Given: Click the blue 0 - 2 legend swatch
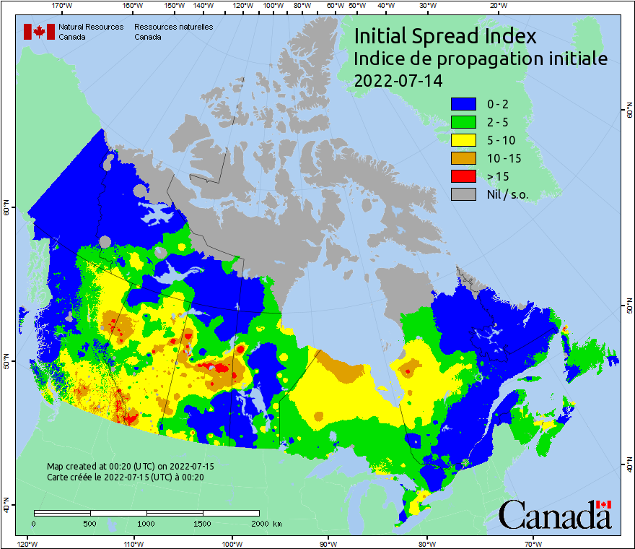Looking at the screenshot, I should pyautogui.click(x=463, y=103).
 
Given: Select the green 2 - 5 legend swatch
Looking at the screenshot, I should pyautogui.click(x=463, y=121).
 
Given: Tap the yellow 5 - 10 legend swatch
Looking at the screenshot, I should pyautogui.click(x=463, y=139).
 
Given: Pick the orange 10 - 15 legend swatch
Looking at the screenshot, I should pyautogui.click(x=463, y=157).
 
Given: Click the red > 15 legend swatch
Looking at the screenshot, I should pyautogui.click(x=463, y=176).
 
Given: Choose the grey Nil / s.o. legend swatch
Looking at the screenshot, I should pyautogui.click(x=463, y=194).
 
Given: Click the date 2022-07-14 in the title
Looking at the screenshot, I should pyautogui.click(x=398, y=79).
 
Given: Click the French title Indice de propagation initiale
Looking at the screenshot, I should pyautogui.click(x=481, y=58).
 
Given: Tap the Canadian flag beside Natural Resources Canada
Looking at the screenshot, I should pyautogui.click(x=39, y=32).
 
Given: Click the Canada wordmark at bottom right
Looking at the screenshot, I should pyautogui.click(x=555, y=514).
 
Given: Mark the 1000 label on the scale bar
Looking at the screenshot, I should pyautogui.click(x=146, y=523).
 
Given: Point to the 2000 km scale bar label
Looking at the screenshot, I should pyautogui.click(x=265, y=523).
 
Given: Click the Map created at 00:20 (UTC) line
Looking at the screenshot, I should pyautogui.click(x=131, y=467).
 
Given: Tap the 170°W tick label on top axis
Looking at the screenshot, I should pyautogui.click(x=63, y=6).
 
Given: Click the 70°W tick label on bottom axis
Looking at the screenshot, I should pyautogui.click(x=533, y=543).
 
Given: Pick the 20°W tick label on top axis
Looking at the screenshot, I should pyautogui.click(x=497, y=6).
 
